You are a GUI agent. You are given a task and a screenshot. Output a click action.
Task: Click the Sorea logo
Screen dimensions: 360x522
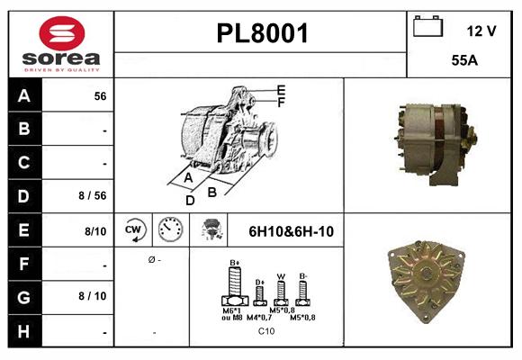click(60, 44)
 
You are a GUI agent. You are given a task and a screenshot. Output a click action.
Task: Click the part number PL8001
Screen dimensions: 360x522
click(263, 33)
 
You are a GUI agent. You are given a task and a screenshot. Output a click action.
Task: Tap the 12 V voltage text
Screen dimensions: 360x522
click(481, 31)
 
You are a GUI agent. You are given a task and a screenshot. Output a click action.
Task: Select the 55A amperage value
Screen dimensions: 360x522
click(464, 61)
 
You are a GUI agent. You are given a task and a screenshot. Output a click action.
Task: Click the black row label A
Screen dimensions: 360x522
click(24, 95)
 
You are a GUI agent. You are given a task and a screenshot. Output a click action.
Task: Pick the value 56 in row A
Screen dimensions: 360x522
click(100, 95)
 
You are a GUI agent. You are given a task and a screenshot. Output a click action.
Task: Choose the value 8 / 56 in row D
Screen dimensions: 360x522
click(94, 193)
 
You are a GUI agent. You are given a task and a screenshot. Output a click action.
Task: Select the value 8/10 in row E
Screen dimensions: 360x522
click(96, 231)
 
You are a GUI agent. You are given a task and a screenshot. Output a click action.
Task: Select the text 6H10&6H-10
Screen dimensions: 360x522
click(291, 231)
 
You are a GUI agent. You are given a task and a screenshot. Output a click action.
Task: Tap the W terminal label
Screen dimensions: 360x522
click(281, 276)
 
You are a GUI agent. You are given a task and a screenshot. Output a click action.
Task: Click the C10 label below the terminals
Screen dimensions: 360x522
click(266, 330)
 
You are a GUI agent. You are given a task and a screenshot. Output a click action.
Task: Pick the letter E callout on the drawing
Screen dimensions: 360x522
click(282, 89)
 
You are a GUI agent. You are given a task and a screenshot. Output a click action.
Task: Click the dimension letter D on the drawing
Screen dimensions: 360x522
click(190, 200)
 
